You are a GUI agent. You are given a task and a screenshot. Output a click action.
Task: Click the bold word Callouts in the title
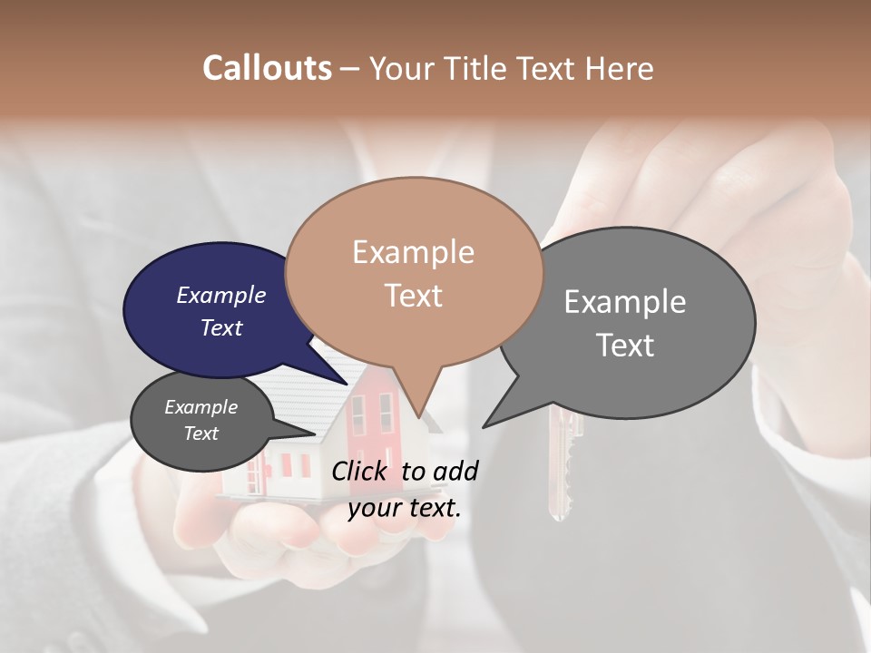[x=267, y=68]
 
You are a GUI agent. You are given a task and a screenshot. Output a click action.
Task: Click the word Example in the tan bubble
[x=414, y=252]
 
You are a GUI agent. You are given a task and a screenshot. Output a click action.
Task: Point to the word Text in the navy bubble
[x=221, y=327]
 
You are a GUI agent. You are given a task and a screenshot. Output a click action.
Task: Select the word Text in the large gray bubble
[x=625, y=346]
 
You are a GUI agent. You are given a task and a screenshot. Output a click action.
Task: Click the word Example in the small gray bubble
[x=201, y=407]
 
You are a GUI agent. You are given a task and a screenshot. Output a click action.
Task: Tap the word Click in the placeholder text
[x=361, y=471]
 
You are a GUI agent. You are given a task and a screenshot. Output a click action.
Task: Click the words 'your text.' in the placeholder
[x=405, y=508]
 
